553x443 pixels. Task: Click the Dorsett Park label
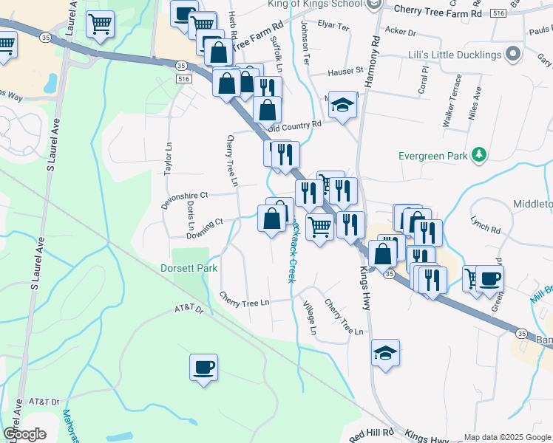[189, 268]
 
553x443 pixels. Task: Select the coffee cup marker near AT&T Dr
[203, 367]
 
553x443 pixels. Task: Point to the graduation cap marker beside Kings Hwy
[385, 352]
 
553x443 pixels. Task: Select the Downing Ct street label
[205, 227]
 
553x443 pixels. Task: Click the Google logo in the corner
[24, 433]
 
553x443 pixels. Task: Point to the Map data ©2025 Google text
[507, 437]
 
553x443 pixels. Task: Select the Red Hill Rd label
[372, 435]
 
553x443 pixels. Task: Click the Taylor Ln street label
[168, 158]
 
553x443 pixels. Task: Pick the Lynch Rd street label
[485, 220]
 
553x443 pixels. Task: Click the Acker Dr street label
[401, 32]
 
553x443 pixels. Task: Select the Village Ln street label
[311, 317]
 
